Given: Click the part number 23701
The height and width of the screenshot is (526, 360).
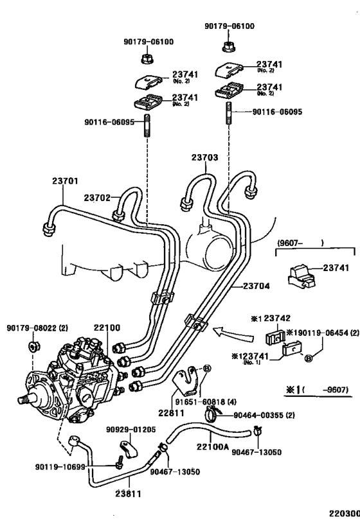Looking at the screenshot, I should coord(65,182).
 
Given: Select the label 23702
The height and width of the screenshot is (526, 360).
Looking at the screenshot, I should coord(97,198).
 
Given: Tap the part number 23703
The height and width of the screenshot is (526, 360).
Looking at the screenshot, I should coord(204,157).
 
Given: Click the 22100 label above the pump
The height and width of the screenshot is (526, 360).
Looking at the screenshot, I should coord(107,328).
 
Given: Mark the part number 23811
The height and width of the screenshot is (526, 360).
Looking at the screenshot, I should coord(129,495).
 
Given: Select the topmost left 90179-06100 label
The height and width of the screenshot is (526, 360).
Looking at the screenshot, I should coord(148,42).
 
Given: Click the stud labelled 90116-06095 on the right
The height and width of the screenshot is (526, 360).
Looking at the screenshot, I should coord(229,114).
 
